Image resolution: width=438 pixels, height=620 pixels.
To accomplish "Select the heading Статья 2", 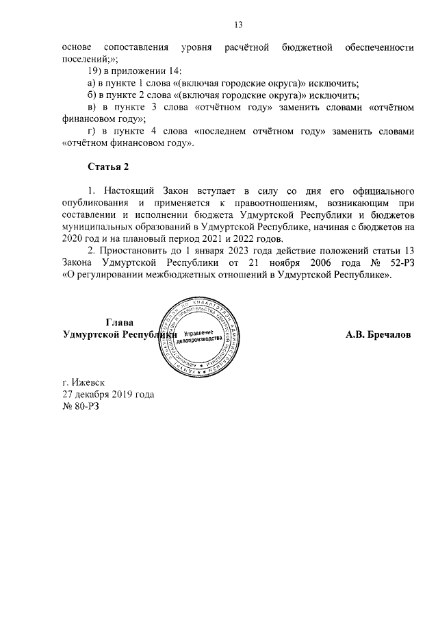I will (109, 166).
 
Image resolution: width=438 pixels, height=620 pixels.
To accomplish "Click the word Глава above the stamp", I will (120, 323).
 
